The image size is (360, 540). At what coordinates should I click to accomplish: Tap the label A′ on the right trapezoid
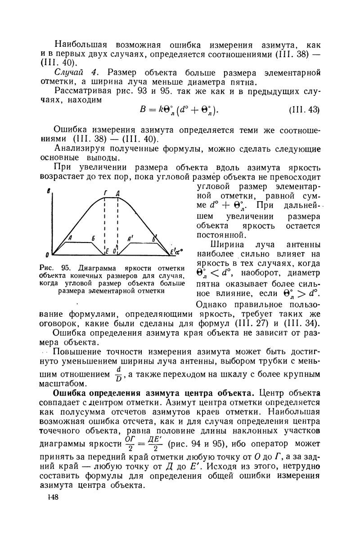(130, 238)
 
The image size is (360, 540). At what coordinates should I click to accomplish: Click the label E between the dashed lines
(108, 251)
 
